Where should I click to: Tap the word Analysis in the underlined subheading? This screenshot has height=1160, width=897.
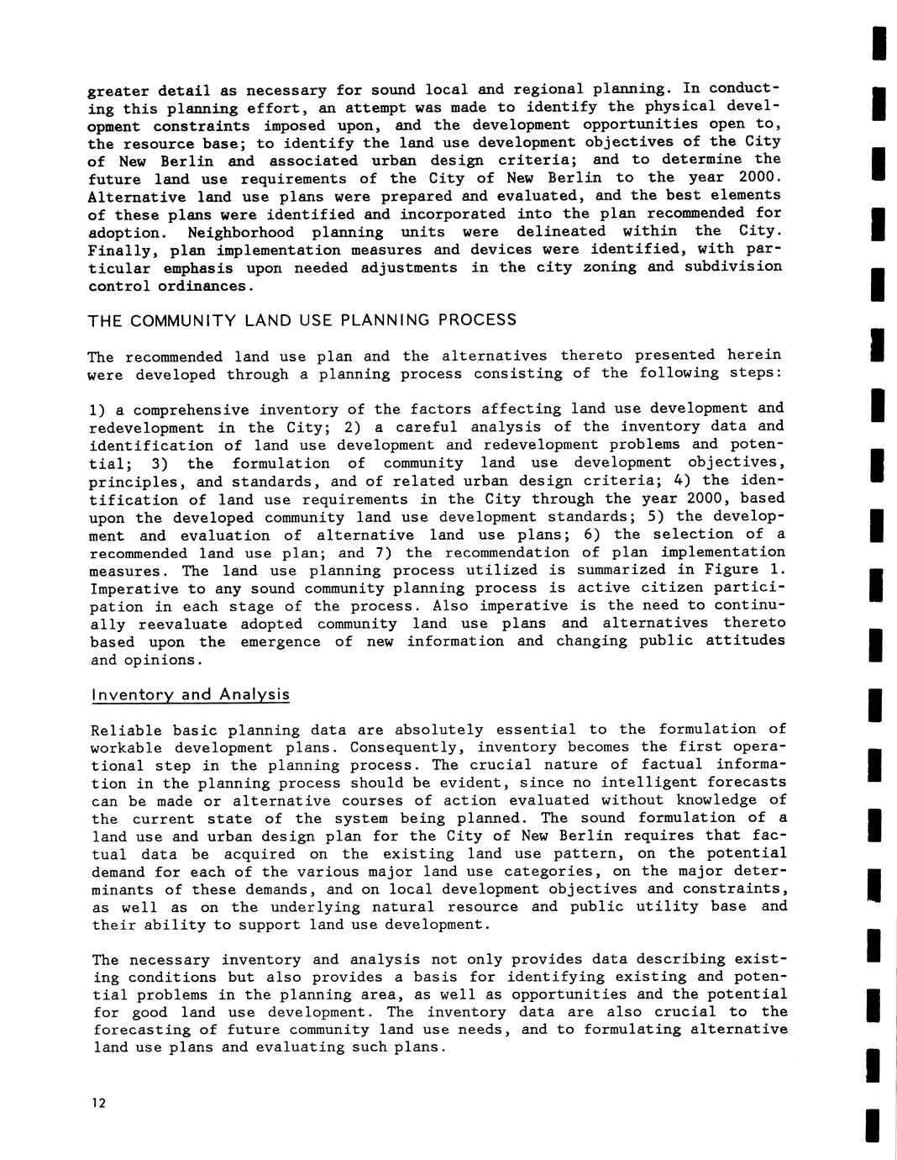254,694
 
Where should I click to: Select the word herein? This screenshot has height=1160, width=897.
753,355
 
